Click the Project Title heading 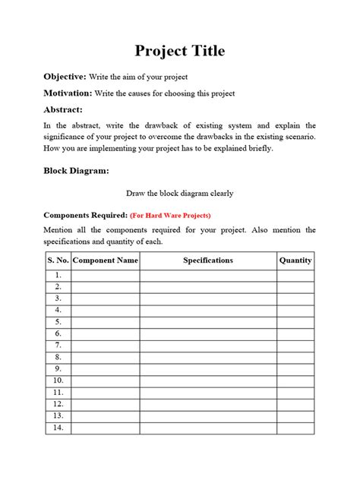(x=180, y=52)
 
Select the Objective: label (x=65, y=77)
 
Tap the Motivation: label (x=68, y=93)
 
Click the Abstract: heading (x=63, y=109)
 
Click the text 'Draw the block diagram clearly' (x=180, y=193)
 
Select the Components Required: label (x=85, y=215)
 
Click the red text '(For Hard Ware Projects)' (x=170, y=215)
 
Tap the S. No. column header (x=58, y=261)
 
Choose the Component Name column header (x=105, y=261)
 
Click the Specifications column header (x=208, y=261)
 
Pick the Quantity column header (x=295, y=261)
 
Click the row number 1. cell (x=58, y=276)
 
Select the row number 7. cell (x=58, y=346)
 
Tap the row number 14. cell (x=58, y=428)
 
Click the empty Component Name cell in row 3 (x=105, y=299)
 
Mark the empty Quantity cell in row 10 (x=295, y=381)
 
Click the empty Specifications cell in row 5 (x=208, y=322)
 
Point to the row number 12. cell (x=58, y=404)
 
